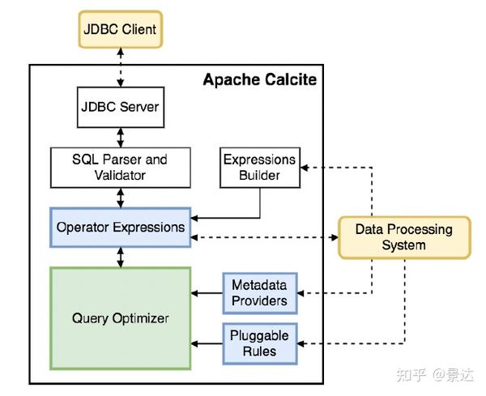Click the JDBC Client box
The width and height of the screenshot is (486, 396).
120,30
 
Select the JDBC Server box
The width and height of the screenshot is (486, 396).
120,107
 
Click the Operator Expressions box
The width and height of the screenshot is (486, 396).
120,228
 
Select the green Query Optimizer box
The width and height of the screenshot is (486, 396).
120,318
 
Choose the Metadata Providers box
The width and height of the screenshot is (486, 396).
259,293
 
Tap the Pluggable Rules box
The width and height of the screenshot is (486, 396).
259,343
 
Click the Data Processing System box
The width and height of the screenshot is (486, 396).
403,237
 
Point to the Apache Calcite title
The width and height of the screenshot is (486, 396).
259,79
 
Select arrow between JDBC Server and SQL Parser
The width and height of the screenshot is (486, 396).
120,137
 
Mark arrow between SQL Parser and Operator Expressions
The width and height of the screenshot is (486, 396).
120,198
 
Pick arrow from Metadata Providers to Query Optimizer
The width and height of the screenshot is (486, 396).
206,293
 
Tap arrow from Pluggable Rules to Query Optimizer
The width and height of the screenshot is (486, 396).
206,343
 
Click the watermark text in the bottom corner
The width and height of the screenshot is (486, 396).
437,375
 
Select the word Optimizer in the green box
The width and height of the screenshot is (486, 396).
142,318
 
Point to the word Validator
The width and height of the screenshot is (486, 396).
120,175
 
